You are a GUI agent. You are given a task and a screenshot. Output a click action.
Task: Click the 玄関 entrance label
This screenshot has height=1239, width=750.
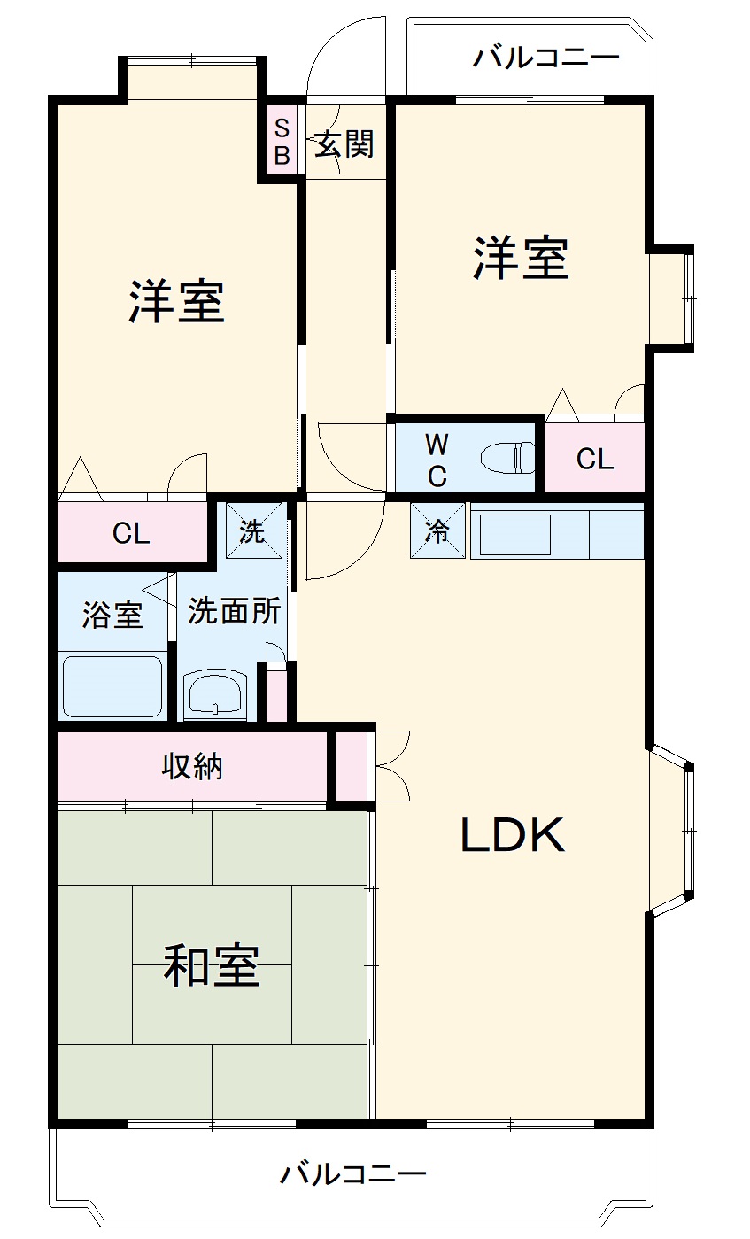click(x=344, y=143)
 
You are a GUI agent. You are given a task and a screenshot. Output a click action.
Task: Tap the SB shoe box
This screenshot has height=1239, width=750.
click(x=281, y=142)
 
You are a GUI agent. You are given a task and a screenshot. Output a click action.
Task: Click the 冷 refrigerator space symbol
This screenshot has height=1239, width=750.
click(x=437, y=530)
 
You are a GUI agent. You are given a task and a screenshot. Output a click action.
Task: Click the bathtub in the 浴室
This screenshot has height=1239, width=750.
click(x=112, y=686)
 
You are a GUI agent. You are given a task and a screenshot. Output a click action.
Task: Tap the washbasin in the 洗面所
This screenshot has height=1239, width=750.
click(x=217, y=691)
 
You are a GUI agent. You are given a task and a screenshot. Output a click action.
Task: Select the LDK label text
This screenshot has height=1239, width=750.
click(x=512, y=835)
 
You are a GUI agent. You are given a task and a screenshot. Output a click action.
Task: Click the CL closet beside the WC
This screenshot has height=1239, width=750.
click(x=594, y=459)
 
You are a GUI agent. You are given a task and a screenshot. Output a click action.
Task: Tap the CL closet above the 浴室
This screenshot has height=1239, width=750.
click(x=131, y=533)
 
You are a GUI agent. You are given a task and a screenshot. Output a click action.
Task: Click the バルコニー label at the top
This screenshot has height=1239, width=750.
click(x=545, y=59)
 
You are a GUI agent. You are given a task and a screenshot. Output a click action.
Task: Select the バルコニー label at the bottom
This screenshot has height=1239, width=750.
click(x=353, y=1175)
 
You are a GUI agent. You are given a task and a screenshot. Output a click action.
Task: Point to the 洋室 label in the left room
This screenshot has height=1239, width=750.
click(x=176, y=301)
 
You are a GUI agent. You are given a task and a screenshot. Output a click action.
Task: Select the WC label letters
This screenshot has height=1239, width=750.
click(x=437, y=459)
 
